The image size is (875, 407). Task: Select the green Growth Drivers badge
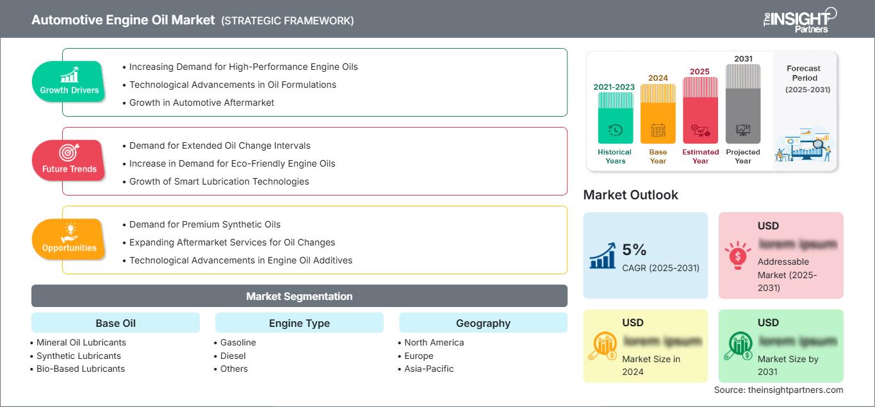coord(69,81)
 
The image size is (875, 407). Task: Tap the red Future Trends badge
coord(69,160)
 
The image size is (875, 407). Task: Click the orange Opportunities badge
coord(69,239)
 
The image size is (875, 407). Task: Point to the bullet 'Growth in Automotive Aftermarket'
coord(201,103)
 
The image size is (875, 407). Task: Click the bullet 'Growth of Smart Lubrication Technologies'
coord(218,181)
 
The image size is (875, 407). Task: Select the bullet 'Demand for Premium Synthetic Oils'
coord(204,224)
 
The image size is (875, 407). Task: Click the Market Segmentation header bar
coord(299,296)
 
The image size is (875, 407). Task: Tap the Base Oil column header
coord(115,323)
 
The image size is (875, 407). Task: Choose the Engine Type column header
coord(299,323)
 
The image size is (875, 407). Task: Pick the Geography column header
coord(483,323)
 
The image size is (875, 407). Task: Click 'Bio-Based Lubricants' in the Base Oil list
coord(80,369)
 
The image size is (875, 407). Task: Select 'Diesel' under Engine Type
coord(233,356)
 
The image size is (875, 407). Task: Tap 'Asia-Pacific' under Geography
coord(429,369)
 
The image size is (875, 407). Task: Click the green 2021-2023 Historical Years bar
coord(615,119)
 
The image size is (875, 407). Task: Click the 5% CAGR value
coord(634,251)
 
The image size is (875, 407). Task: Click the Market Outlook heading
coord(630,195)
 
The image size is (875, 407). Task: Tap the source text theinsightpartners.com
coord(779,390)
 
